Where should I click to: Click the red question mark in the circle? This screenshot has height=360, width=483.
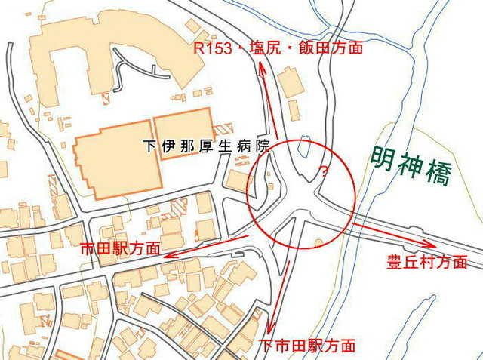click(x=325, y=171)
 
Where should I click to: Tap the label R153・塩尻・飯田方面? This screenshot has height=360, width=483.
click(x=278, y=48)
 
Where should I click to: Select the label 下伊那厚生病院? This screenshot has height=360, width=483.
click(x=205, y=146)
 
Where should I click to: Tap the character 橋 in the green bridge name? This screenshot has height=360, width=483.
click(x=437, y=175)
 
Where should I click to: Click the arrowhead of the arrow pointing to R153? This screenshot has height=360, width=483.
click(x=261, y=66)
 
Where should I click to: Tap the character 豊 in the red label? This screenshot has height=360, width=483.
click(x=394, y=262)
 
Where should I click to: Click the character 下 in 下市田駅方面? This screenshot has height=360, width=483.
click(x=266, y=346)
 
